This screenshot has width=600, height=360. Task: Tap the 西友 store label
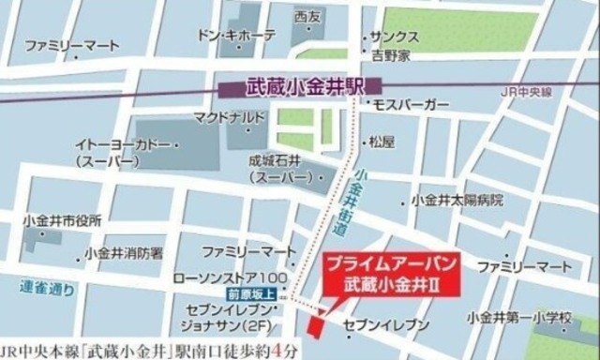click(307, 17)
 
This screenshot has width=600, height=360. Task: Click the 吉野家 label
click(391, 56)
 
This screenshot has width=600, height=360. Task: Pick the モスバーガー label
click(412, 106)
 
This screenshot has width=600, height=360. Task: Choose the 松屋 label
click(381, 142)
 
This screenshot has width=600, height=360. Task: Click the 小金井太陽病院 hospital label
click(458, 201)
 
